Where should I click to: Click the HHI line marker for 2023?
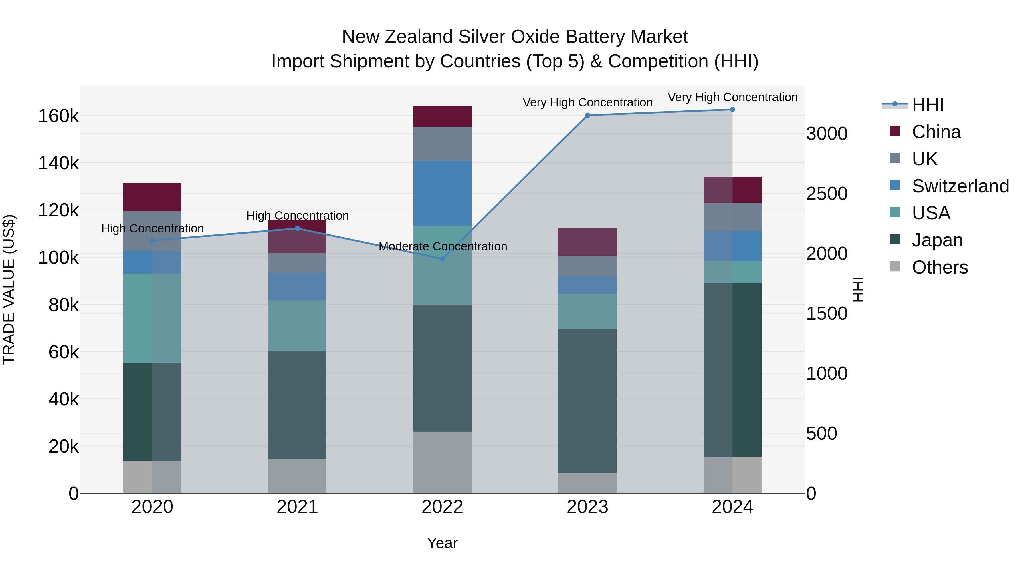coord(587,116)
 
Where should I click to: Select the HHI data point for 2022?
coord(442,259)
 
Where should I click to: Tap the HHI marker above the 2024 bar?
coord(732,110)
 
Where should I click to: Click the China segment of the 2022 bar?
coord(442,116)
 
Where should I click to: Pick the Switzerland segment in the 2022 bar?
coord(442,193)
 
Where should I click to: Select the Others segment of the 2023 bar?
coord(587,483)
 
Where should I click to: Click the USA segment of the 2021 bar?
coord(297,326)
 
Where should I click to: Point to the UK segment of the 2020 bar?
coord(152,231)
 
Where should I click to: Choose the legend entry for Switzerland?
coord(960,186)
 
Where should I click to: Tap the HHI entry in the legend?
coord(928,105)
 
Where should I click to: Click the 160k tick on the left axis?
coord(58,116)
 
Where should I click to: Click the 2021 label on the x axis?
coord(297,507)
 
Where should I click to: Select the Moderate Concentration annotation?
coord(443,246)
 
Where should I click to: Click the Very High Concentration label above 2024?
coord(732,97)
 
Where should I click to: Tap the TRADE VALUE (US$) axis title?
coord(9,289)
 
